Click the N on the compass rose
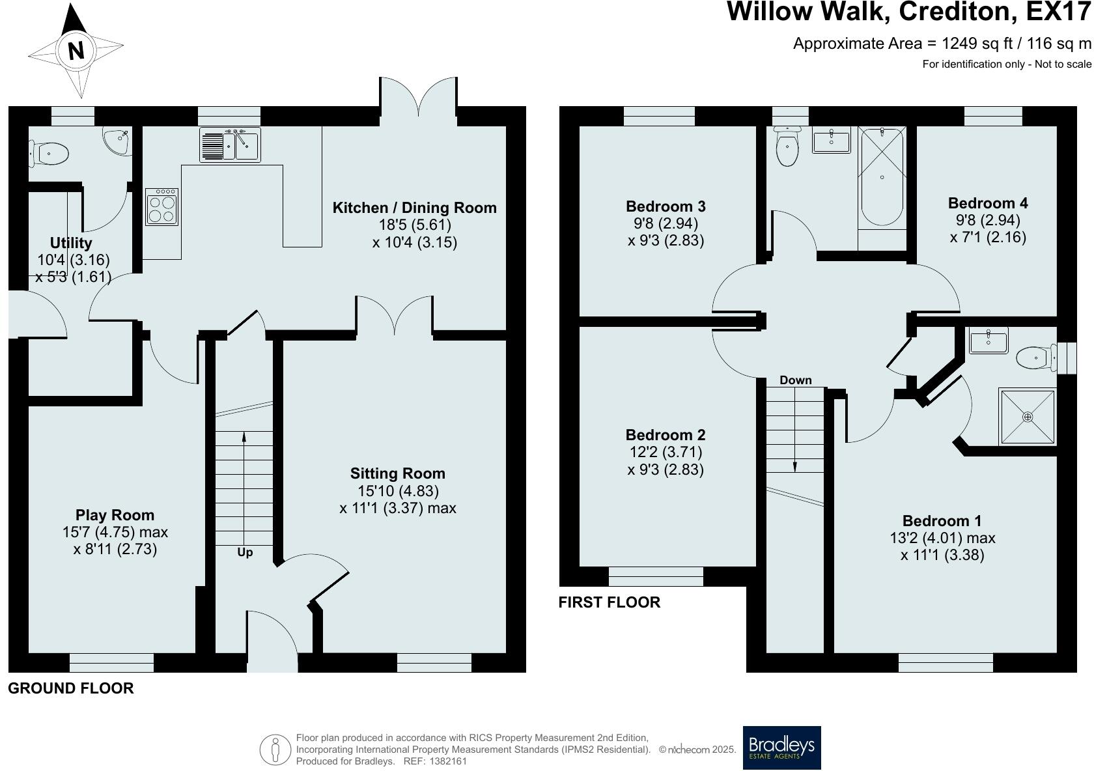coord(76,50)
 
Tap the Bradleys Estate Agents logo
coord(781,748)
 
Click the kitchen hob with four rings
coord(161,207)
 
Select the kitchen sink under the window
coord(230,145)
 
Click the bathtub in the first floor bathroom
coord(882,176)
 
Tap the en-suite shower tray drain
coord(1028,417)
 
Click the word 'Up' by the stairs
coord(245,552)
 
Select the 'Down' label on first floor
coord(796,380)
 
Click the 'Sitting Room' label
coord(397,473)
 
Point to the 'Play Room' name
coord(115,514)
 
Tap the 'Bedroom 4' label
coord(988,203)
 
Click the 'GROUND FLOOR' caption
coord(71,688)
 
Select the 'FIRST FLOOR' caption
coord(609,602)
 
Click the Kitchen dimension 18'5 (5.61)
coord(415,225)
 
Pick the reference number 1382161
coord(448,761)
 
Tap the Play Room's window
coord(112,663)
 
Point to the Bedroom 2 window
coord(656,576)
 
